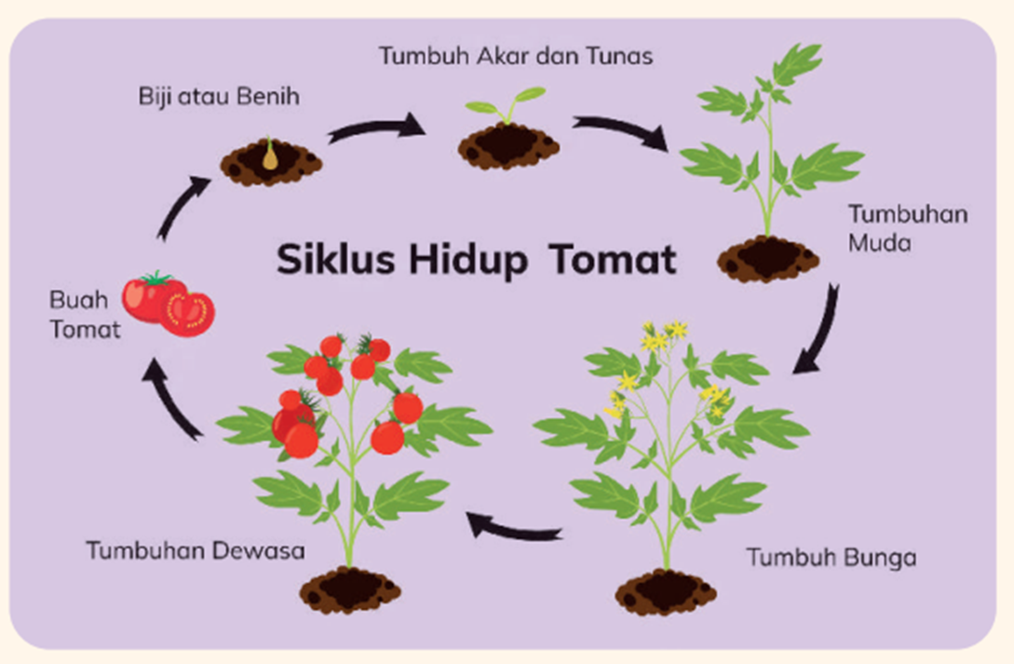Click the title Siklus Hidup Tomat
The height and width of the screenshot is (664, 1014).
[x=476, y=260]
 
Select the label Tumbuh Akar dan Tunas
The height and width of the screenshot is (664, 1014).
[x=516, y=56]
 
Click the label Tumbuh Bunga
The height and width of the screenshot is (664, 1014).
[x=831, y=558]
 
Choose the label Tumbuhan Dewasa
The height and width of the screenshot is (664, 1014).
[x=196, y=550]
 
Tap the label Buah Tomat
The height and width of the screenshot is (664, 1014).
[x=85, y=315]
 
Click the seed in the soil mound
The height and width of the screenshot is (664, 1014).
[x=269, y=157]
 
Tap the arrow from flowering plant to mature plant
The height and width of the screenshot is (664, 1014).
[x=514, y=528]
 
